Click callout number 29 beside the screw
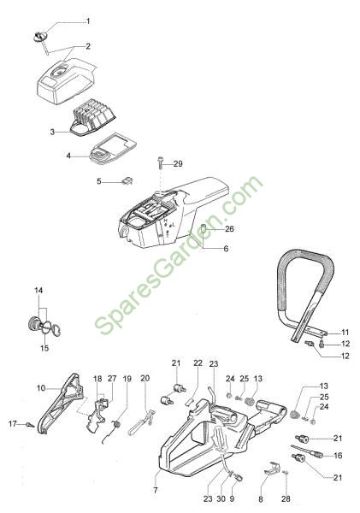click(x=178, y=163)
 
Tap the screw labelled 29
click(x=161, y=162)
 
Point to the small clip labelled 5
click(x=127, y=180)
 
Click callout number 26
click(x=230, y=228)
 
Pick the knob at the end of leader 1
click(x=40, y=36)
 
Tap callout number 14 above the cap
click(x=38, y=290)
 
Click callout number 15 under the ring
click(x=44, y=348)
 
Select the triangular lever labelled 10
click(x=60, y=404)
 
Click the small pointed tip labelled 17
click(x=30, y=425)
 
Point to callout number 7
click(x=156, y=491)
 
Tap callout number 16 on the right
click(x=338, y=456)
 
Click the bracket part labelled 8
click(x=271, y=469)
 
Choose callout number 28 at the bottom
click(x=286, y=499)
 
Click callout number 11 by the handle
click(x=345, y=333)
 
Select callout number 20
click(x=145, y=378)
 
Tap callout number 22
click(x=198, y=363)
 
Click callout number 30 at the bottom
click(x=221, y=499)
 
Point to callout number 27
click(x=112, y=378)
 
